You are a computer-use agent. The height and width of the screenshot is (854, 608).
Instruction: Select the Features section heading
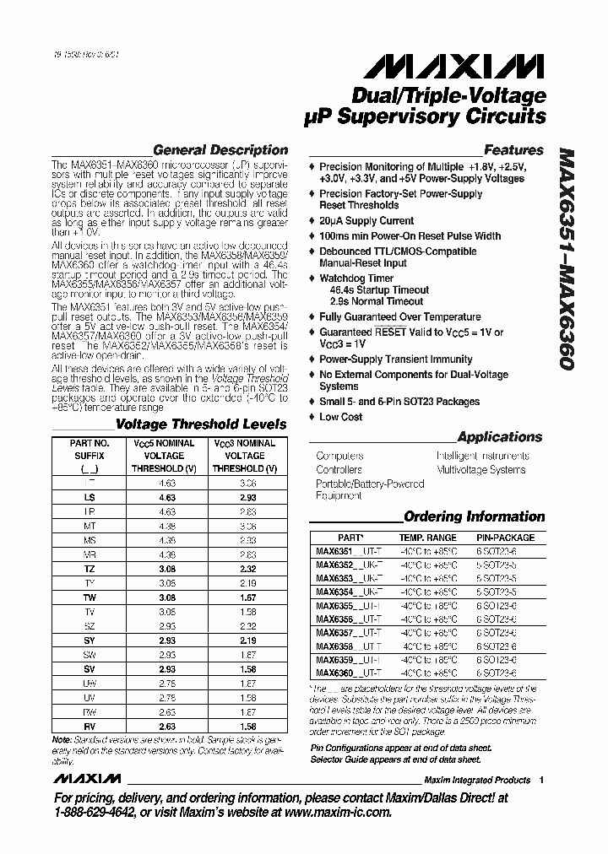click(x=513, y=150)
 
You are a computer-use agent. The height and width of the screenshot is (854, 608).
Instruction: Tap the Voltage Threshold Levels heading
click(x=200, y=424)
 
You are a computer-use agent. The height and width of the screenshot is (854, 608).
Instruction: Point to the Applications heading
click(x=499, y=437)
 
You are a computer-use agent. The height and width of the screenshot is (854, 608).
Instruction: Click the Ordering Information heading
click(x=474, y=516)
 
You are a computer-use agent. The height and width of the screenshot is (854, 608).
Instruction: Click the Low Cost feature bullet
click(x=340, y=417)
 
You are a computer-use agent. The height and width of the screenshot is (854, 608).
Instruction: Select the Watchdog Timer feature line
click(x=356, y=278)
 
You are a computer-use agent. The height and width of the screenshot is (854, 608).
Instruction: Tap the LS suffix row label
click(x=90, y=498)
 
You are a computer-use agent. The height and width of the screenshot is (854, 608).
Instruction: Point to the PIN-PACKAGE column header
click(x=505, y=538)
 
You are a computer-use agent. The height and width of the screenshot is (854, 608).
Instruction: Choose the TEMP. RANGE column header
click(x=426, y=538)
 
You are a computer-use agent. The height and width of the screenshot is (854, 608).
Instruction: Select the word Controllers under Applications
click(x=339, y=470)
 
